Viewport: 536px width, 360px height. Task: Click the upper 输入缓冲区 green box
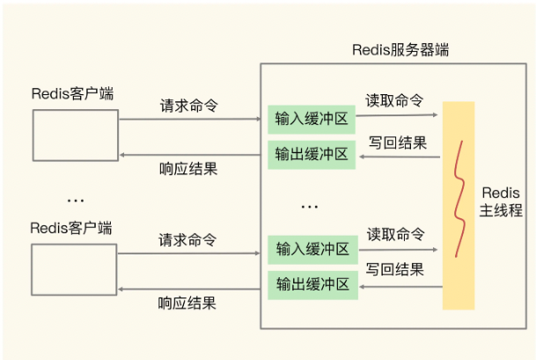(x=312, y=118)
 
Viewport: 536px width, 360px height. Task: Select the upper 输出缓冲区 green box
(x=312, y=154)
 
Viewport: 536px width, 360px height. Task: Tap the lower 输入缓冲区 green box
(x=312, y=248)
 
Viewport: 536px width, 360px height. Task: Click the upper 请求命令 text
(x=188, y=105)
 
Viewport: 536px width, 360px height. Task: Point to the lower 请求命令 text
(x=188, y=239)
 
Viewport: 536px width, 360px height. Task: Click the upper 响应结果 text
(x=188, y=168)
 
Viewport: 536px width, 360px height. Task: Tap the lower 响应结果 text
(x=188, y=303)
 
